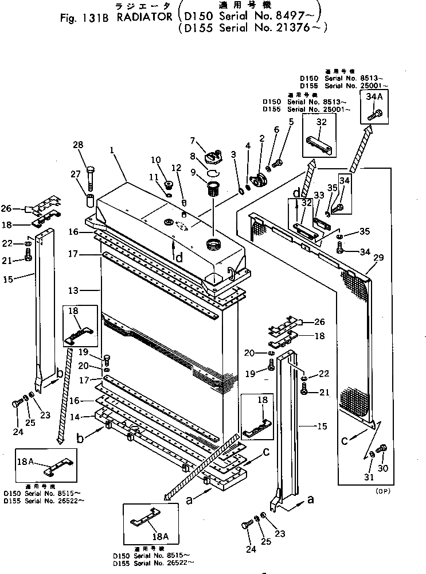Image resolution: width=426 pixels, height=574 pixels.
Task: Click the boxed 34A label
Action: pos(372,97)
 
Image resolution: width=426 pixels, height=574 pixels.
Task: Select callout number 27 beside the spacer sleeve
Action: pos(75,174)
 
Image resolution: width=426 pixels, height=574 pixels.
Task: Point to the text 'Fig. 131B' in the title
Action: pos(79,17)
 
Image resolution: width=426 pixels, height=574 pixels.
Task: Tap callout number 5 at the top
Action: pos(291,122)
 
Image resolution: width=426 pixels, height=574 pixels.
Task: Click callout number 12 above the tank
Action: pos(176,168)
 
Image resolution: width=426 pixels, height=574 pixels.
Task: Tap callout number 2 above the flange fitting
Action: pos(262,138)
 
